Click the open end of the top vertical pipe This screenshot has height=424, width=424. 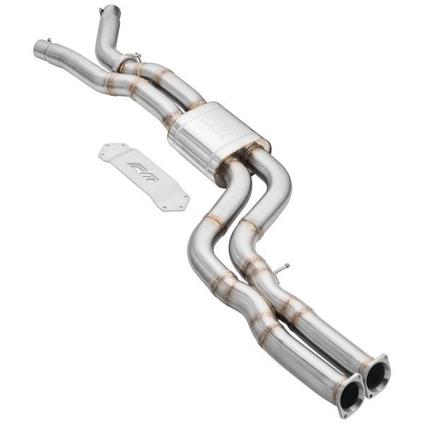click(x=110, y=11)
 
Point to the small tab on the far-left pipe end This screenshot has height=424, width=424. click(x=49, y=40)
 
